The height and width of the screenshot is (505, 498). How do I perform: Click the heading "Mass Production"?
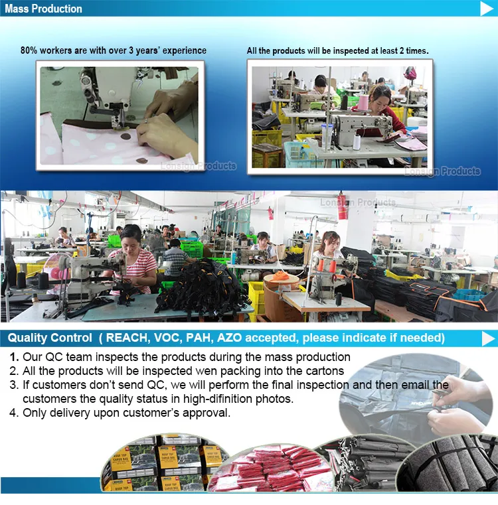coord(44,9)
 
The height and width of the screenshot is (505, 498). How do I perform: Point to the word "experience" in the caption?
coord(182,50)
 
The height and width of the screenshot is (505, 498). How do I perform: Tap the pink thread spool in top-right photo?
coord(363,102)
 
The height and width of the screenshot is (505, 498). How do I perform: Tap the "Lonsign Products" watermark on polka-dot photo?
coord(198,166)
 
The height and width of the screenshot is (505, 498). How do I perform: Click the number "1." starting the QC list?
coord(15,357)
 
